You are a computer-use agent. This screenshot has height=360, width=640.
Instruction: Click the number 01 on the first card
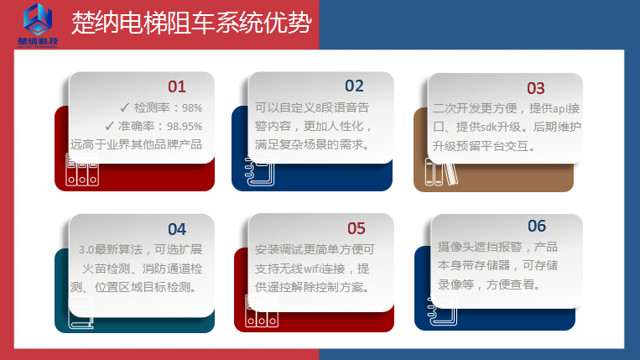[177, 86]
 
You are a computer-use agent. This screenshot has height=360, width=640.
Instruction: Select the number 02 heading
[354, 86]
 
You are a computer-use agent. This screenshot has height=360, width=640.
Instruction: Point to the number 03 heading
[536, 88]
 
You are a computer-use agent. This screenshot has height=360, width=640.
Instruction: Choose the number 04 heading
[177, 229]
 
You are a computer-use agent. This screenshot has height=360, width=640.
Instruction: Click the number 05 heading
[356, 228]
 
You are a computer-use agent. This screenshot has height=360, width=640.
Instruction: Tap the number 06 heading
[537, 227]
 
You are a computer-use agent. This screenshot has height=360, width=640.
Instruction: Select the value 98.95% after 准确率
[184, 126]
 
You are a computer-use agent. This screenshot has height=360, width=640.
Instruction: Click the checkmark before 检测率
[124, 107]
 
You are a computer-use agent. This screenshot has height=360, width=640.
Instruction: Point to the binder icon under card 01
[77, 172]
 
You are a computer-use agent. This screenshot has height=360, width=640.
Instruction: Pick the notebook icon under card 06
[442, 312]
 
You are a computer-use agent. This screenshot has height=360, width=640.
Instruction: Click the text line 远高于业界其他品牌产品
[136, 144]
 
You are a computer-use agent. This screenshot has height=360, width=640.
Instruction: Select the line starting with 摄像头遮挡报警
[497, 248]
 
